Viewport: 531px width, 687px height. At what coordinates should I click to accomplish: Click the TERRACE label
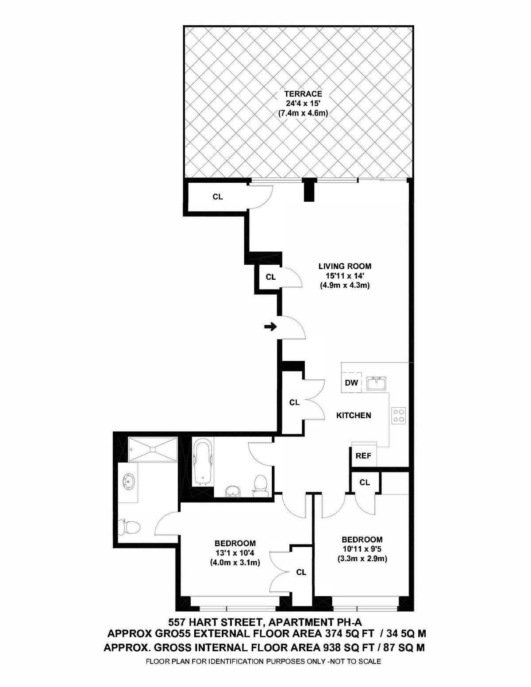(303, 94)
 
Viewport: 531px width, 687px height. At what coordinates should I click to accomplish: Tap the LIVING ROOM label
(344, 266)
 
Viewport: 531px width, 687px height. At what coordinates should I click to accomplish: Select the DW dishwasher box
(351, 382)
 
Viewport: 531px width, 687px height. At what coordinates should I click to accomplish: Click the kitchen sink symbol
(376, 383)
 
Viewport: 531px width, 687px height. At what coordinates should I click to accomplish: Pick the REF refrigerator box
(364, 456)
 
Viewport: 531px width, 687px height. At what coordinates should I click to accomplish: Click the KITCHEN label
(353, 415)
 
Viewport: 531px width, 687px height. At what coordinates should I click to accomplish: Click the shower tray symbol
(153, 450)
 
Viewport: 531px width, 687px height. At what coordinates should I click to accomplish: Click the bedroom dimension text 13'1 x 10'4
(235, 553)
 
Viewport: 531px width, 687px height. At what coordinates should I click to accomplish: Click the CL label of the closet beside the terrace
(218, 197)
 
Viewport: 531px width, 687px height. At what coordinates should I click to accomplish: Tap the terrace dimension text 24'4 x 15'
(303, 104)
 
